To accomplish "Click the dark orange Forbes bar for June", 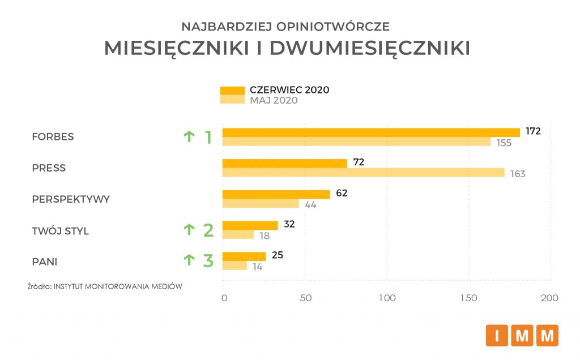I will (371, 132).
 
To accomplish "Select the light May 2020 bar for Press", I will (363, 173).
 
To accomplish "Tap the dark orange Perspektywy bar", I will (276, 194).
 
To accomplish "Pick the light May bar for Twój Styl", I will (238, 235).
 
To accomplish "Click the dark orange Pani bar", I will (244, 256).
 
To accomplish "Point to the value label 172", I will (533, 131).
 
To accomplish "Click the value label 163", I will (518, 174).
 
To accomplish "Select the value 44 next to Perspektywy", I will (310, 205).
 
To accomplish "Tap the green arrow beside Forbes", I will (189, 136).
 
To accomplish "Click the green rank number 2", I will (208, 230).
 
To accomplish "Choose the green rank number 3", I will (208, 261).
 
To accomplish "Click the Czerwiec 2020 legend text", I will (289, 90).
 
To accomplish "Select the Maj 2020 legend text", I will (274, 101).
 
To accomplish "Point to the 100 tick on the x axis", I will (387, 298).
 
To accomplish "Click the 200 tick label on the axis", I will (549, 298).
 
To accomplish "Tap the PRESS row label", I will (49, 168).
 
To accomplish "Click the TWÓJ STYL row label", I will (60, 231).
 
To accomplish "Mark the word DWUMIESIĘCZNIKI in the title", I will (370, 49).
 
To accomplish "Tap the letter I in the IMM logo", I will (497, 336).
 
